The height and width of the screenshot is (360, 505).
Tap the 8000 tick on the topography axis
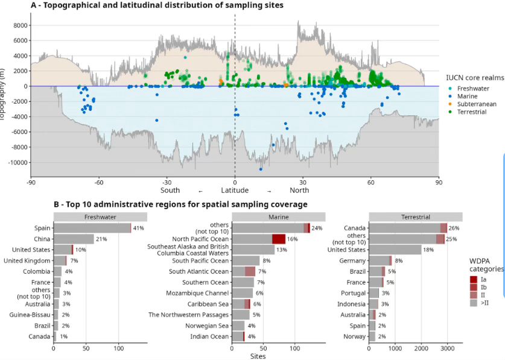coord(21,25)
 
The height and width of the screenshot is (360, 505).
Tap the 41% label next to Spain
coord(138,229)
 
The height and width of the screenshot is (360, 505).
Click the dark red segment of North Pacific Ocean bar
coord(279,239)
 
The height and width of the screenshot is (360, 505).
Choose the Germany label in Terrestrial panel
coord(354,261)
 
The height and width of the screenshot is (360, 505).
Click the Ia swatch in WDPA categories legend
coord(474,279)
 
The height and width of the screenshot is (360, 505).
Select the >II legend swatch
coord(474,303)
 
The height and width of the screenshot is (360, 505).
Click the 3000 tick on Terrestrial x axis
coord(446,349)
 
